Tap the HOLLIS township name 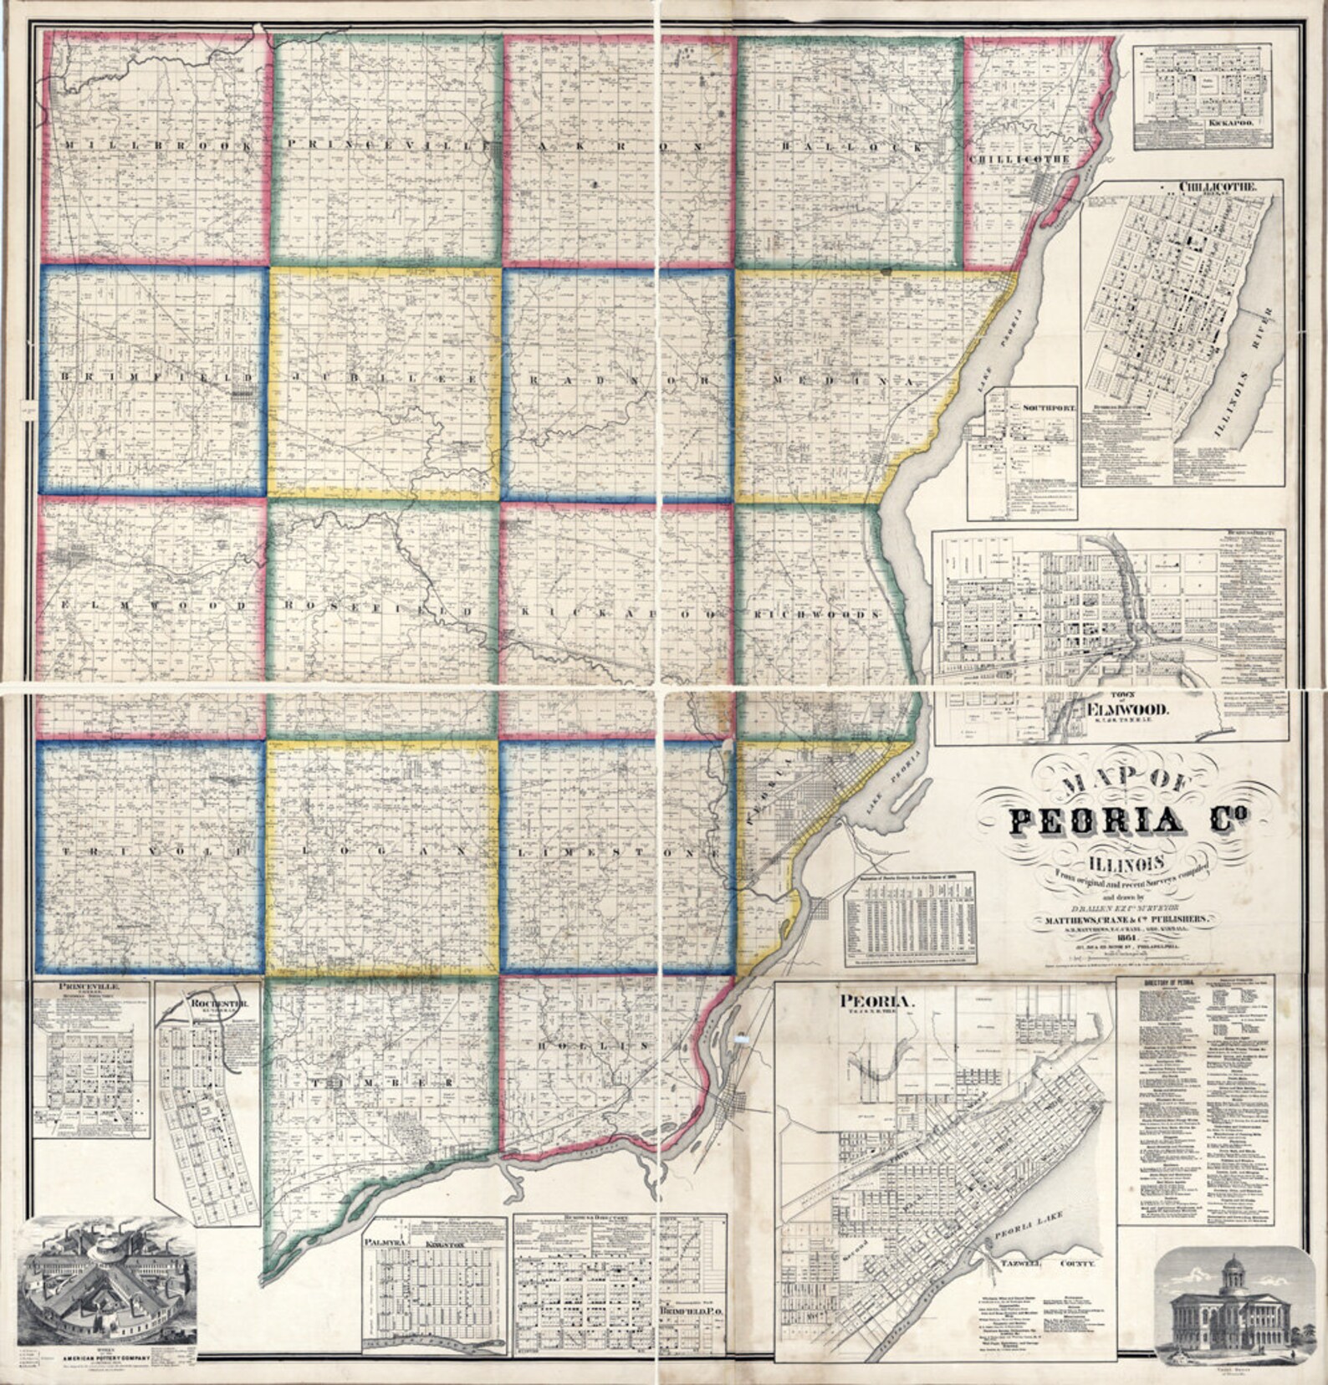click(595, 1046)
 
